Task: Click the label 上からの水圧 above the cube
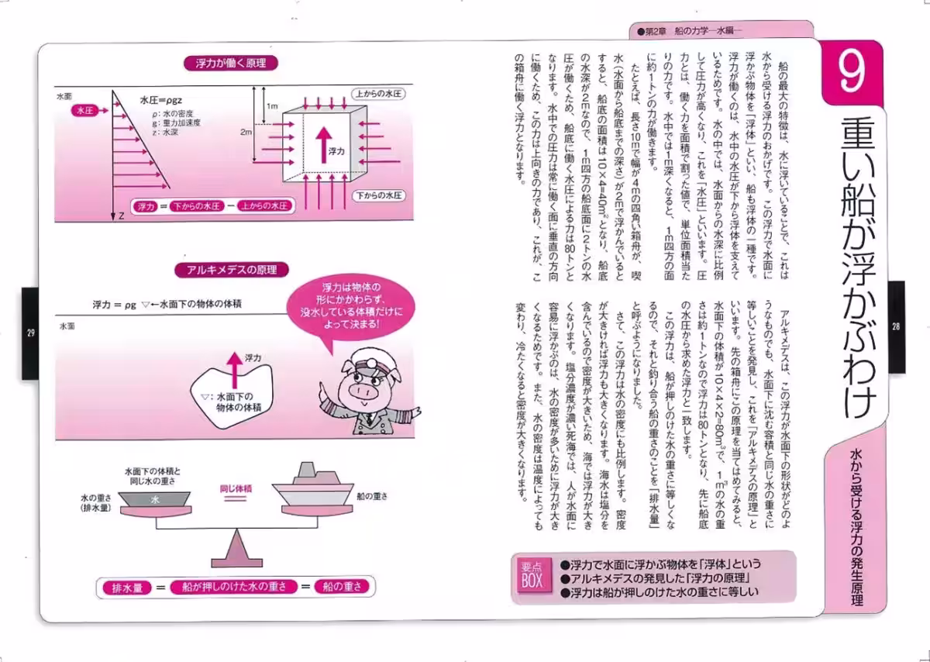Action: [377, 93]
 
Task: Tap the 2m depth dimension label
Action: [247, 133]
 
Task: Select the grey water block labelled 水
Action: [156, 501]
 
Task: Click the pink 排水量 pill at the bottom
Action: [126, 587]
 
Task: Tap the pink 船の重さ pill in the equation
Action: [342, 587]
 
